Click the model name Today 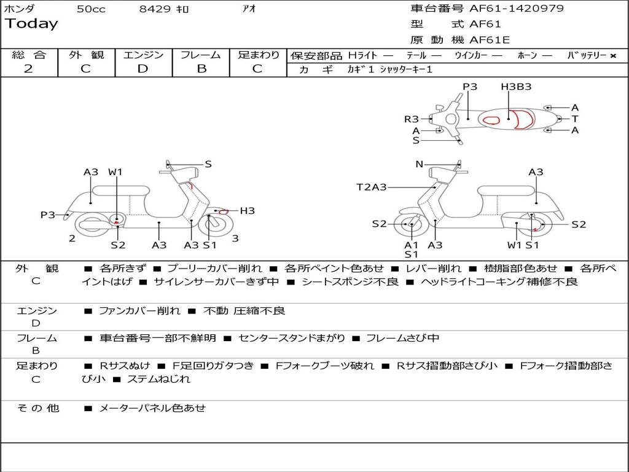click(31, 24)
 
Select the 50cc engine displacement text click(90, 9)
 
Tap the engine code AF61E click(490, 40)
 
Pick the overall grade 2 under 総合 click(28, 69)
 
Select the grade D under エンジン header click(143, 69)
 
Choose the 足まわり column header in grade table click(259, 55)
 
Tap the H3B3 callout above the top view click(516, 87)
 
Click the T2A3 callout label click(372, 187)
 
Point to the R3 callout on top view click(411, 119)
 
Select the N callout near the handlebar click(420, 164)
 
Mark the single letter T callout click(575, 119)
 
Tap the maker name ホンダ click(20, 9)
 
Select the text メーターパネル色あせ click(152, 408)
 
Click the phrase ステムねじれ click(158, 379)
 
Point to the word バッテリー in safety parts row click(587, 55)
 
